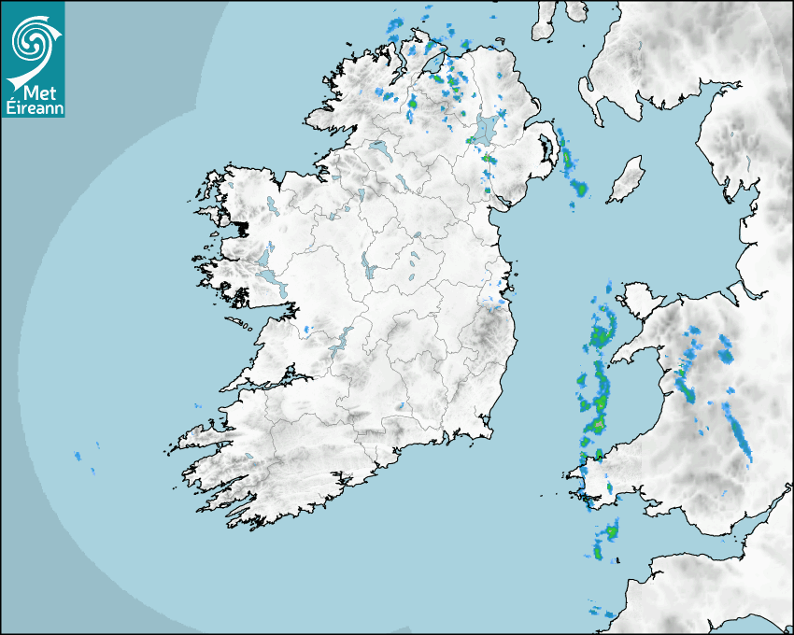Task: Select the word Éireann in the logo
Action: pos(34,108)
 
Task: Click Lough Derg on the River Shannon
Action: pos(341,341)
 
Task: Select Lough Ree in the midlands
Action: pos(370,269)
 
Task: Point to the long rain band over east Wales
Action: pos(740,437)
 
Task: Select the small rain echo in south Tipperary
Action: pos(400,406)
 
